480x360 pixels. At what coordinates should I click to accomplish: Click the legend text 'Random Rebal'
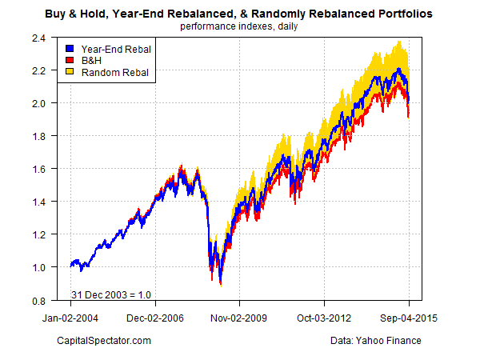[110, 73]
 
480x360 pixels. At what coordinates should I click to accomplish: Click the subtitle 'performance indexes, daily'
[240, 26]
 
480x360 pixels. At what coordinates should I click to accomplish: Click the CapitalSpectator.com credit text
[105, 342]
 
